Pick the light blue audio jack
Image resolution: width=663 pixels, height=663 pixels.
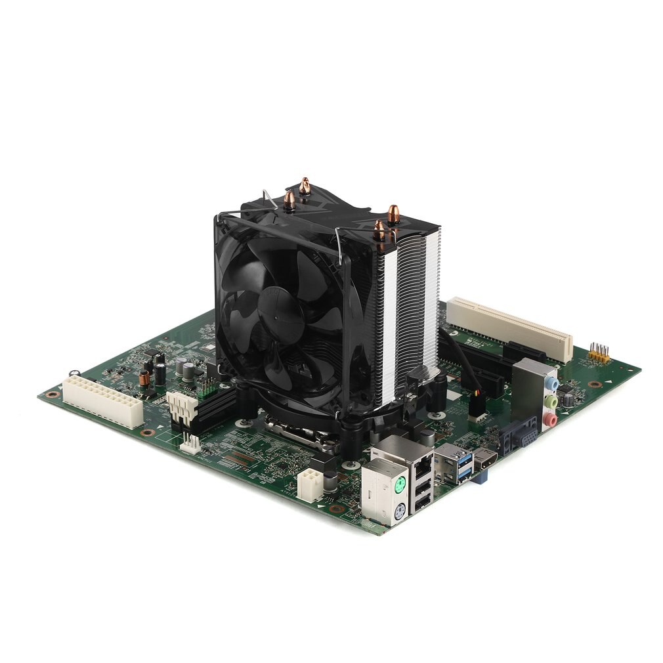553,383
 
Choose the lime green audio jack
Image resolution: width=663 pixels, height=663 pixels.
551,400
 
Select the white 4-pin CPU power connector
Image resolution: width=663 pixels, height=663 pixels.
309,484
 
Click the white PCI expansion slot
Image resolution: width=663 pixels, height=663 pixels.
509,328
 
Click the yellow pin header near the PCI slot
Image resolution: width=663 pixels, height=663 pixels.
598,353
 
